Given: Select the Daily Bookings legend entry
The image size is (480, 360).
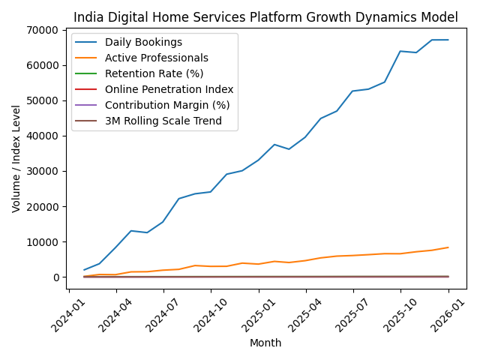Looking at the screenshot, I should point(143,42).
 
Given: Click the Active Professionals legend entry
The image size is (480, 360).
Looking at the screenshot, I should point(157,58).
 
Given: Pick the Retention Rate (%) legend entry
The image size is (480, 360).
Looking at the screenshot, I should point(154,73).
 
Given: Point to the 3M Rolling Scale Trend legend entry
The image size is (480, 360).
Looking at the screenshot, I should point(163,121).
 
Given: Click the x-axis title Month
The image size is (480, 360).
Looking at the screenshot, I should point(265,343).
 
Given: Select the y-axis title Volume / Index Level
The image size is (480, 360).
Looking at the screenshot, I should point(16,158).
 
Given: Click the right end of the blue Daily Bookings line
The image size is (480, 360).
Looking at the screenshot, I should point(448,40).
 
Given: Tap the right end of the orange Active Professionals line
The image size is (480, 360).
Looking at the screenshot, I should point(448,247).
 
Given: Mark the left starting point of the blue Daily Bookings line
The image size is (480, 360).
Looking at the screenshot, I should point(84,270).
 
